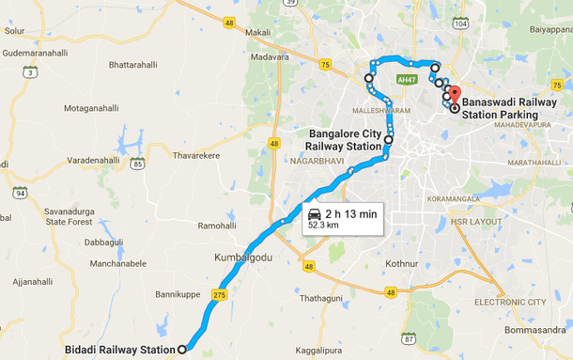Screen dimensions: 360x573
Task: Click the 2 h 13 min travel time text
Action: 351,214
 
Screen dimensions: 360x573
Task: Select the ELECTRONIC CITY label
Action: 509,302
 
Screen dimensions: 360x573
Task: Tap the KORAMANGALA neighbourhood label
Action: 428,200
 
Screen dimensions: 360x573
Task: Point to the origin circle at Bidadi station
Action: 182,349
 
